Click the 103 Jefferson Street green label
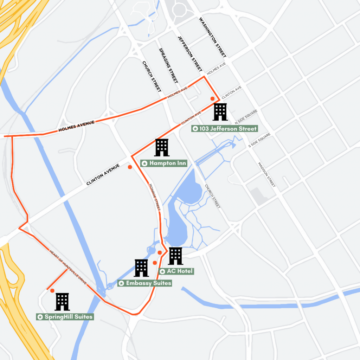pos(225,129)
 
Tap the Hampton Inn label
pos(164,163)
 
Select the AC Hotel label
pos(176,271)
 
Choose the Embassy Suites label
pos(144,283)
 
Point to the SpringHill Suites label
pos(65,317)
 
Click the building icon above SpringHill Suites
pos(62,302)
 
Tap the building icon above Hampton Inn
pos(162,147)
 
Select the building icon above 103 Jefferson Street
pos(220,112)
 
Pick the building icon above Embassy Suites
pos(142,268)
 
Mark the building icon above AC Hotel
pos(175,256)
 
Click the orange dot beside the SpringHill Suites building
pos(52,290)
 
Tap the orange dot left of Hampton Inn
pos(130,167)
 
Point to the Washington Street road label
pos(212,37)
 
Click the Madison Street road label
pos(267,174)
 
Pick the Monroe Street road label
pos(155,197)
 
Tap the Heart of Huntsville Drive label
pos(69,268)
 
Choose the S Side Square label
pos(259,140)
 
